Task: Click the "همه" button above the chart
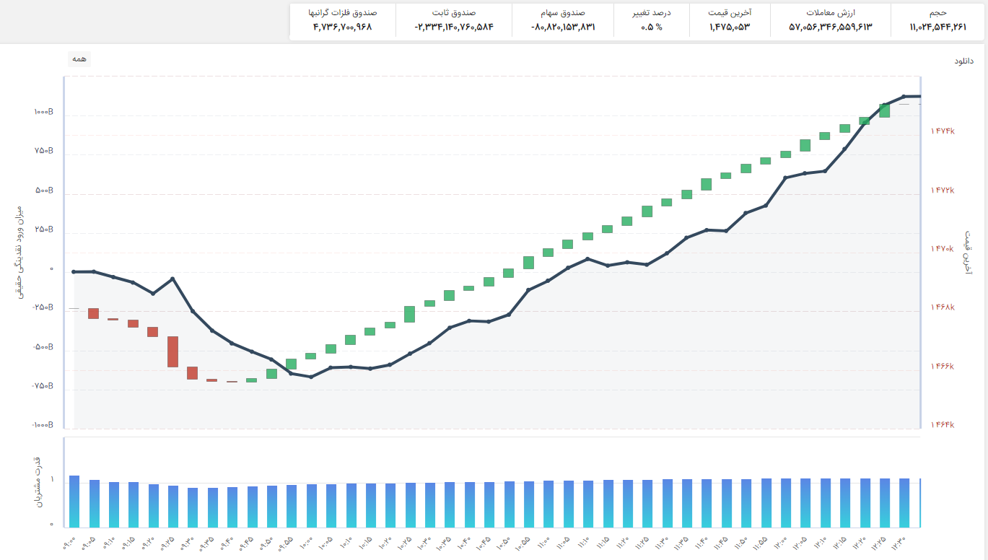[x=79, y=59]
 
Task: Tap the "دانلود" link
[x=963, y=61]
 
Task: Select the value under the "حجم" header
[x=937, y=27]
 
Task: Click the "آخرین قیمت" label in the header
[x=730, y=13]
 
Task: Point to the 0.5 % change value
[x=652, y=27]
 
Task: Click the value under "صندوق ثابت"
[x=454, y=27]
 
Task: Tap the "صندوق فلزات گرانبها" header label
[x=343, y=13]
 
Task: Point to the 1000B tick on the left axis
[x=44, y=112]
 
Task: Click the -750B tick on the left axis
[x=43, y=386]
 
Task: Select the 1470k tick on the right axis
[x=943, y=249]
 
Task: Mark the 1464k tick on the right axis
[x=943, y=424]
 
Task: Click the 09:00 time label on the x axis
[x=70, y=543]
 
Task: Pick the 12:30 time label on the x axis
[x=899, y=543]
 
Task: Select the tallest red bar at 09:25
[x=173, y=351]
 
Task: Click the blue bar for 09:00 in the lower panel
[x=74, y=502]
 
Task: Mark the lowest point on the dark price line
[x=311, y=377]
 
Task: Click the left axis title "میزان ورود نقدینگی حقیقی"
[x=20, y=253]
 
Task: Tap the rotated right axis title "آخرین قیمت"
[x=968, y=253]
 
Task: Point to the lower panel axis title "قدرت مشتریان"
[x=39, y=482]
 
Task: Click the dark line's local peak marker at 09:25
[x=172, y=279]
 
